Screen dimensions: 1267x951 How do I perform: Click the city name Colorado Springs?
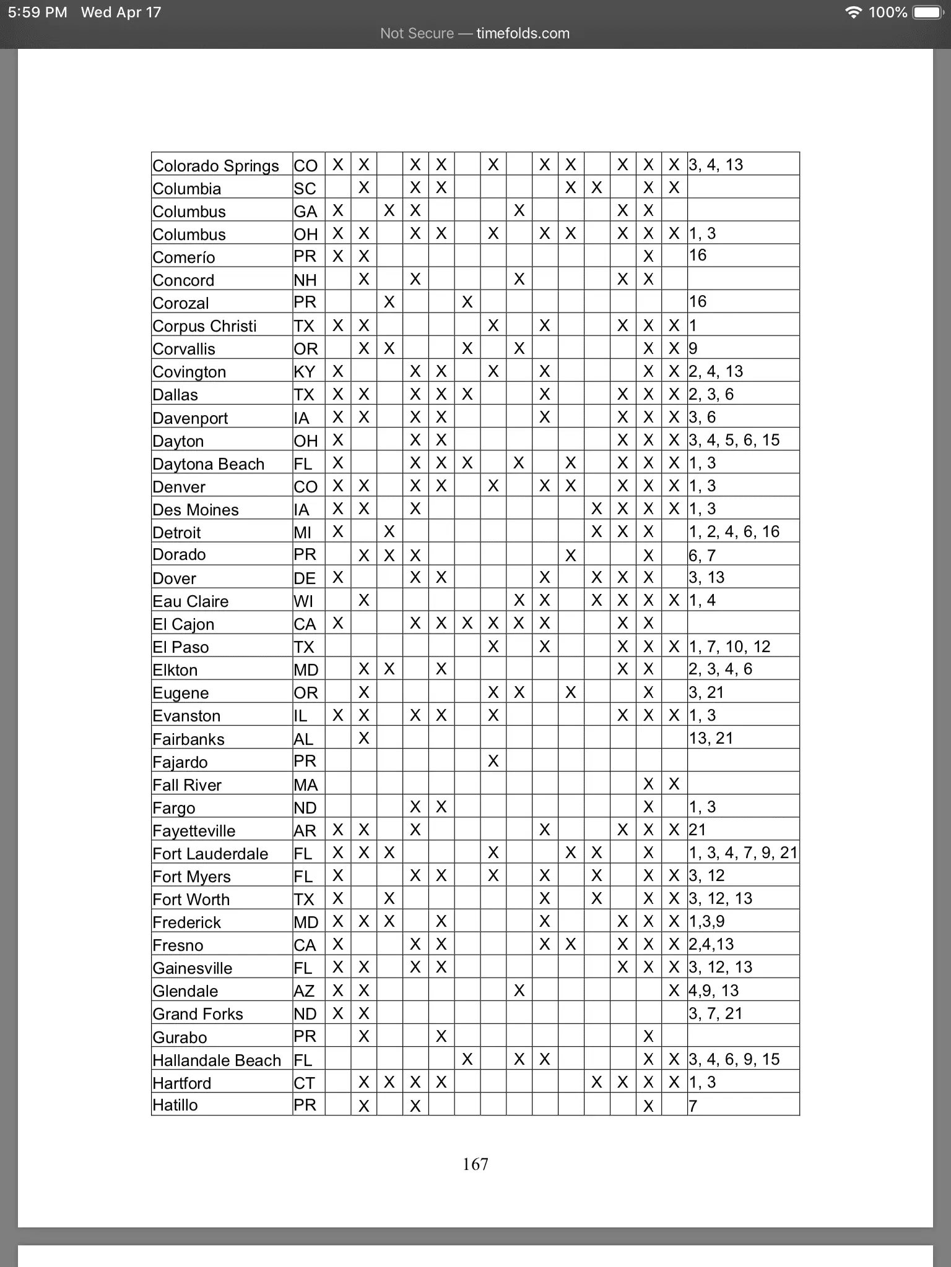[215, 166]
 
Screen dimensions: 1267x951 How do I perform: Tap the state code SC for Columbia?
[305, 189]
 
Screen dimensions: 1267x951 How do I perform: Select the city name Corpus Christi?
[204, 326]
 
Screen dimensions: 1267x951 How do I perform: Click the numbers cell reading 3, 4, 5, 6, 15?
[734, 440]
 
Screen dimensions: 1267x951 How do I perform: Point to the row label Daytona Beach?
[208, 464]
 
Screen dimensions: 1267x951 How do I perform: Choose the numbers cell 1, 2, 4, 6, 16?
[734, 532]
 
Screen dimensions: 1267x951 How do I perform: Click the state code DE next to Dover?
[305, 578]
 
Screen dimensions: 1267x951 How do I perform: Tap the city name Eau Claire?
[191, 601]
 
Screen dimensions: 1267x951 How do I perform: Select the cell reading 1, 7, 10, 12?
[729, 647]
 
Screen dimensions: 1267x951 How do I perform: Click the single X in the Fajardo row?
[493, 762]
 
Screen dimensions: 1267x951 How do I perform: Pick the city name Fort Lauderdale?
[211, 854]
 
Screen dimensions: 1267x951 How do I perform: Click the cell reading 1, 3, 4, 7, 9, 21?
[743, 853]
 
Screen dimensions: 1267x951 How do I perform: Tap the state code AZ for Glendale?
[304, 991]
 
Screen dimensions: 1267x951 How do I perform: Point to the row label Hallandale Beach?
[217, 1060]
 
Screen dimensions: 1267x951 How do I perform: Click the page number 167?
[475, 1164]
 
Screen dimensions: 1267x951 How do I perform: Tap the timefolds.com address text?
[523, 33]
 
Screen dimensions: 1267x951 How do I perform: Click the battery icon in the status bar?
[927, 12]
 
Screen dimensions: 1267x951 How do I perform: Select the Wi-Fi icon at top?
[854, 12]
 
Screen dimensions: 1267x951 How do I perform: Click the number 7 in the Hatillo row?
[693, 1106]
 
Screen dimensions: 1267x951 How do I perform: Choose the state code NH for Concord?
[305, 280]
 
